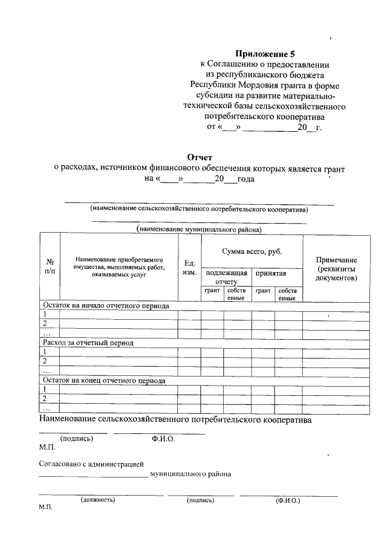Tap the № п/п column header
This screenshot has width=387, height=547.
point(50,267)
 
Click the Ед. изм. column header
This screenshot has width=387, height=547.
point(189,267)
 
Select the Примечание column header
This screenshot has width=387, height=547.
point(336,268)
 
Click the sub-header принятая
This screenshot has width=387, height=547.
point(270,274)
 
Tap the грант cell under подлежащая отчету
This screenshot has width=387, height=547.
point(212,291)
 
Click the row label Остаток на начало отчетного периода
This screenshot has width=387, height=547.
point(105,306)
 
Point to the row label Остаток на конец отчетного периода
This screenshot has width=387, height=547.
point(103,381)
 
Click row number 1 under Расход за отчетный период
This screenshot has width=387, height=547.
point(44,352)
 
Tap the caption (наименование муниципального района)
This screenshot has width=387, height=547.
point(200,230)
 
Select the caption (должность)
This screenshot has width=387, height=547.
point(97,500)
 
